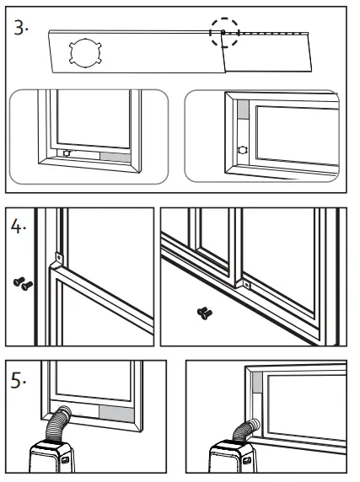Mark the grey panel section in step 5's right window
pos(257,389)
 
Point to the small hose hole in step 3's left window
pos(68,154)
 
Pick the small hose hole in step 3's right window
pos(244,147)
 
